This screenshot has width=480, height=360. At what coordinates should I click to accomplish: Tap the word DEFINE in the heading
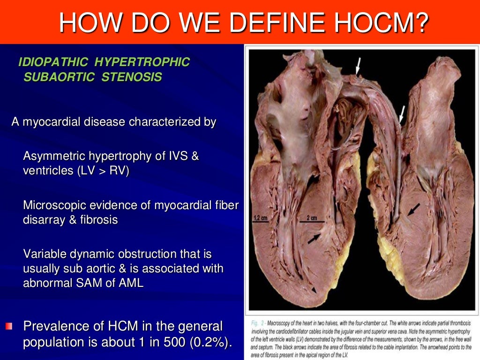click(273, 22)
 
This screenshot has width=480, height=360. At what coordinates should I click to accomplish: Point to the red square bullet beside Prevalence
click(9, 326)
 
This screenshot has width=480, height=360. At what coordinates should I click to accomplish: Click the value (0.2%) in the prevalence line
click(210, 342)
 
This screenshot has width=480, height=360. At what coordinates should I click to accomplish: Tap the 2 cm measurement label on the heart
click(312, 218)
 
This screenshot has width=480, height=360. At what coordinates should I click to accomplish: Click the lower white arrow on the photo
click(401, 114)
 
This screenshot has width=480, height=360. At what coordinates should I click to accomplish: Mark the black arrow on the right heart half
click(413, 211)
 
